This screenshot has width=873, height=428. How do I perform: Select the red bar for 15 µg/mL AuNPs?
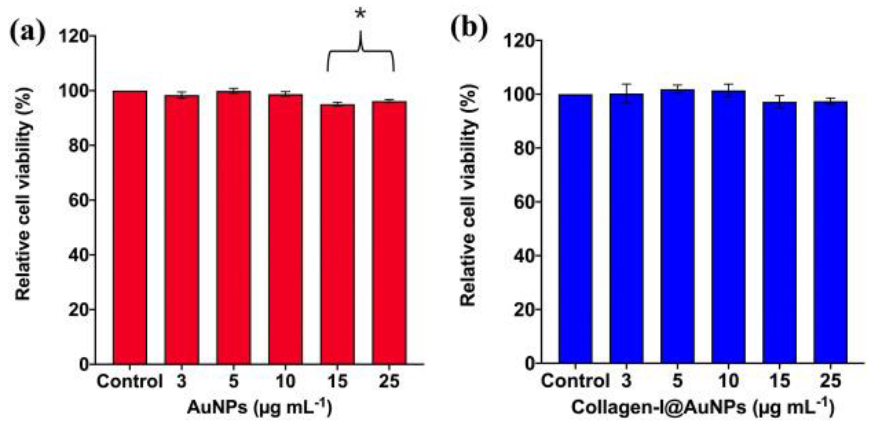click(x=337, y=234)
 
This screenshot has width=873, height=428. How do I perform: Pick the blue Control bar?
click(x=575, y=229)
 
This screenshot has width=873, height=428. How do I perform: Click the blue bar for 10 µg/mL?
click(x=729, y=227)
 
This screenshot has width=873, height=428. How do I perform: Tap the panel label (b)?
click(x=469, y=30)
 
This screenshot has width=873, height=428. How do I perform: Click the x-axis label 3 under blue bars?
click(x=626, y=381)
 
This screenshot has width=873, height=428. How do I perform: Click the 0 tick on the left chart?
click(x=84, y=364)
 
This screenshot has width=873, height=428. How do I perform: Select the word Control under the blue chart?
click(x=575, y=381)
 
